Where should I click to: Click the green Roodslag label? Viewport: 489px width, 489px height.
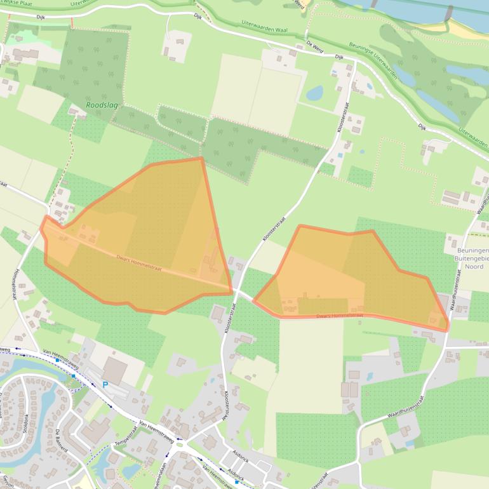point(100,107)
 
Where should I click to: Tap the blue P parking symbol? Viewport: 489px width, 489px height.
point(105,384)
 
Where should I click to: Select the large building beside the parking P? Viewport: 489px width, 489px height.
point(115,370)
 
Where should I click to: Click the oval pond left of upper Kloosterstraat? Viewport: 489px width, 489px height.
point(314,93)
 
